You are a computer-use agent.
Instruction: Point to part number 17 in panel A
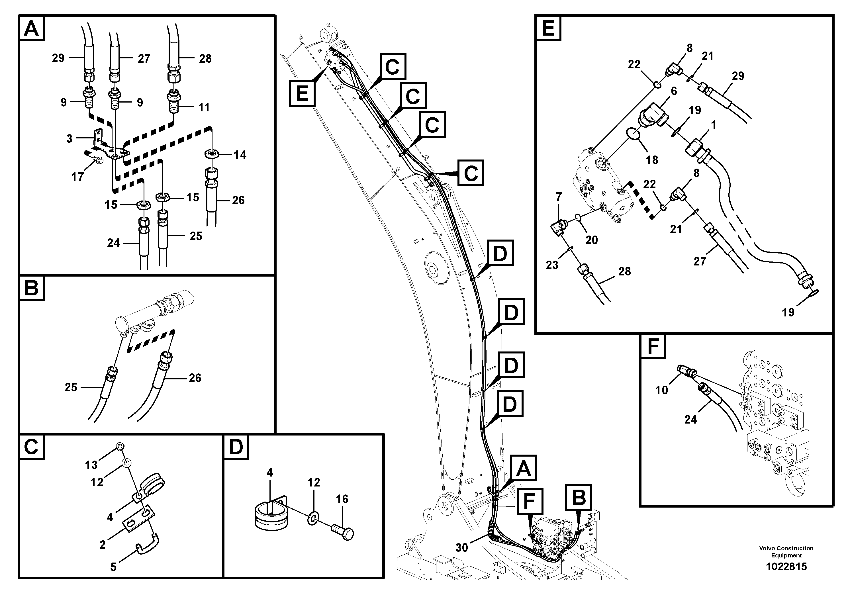(x=77, y=177)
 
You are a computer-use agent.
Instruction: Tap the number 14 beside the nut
(x=240, y=155)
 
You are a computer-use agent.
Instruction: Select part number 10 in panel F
(x=661, y=390)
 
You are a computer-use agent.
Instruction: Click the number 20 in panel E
(x=591, y=240)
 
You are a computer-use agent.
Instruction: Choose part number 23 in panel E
(x=552, y=265)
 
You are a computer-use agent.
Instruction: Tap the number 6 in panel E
(x=674, y=91)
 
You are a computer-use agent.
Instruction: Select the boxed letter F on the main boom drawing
(x=530, y=501)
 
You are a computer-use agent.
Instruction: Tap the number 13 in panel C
(x=91, y=465)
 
